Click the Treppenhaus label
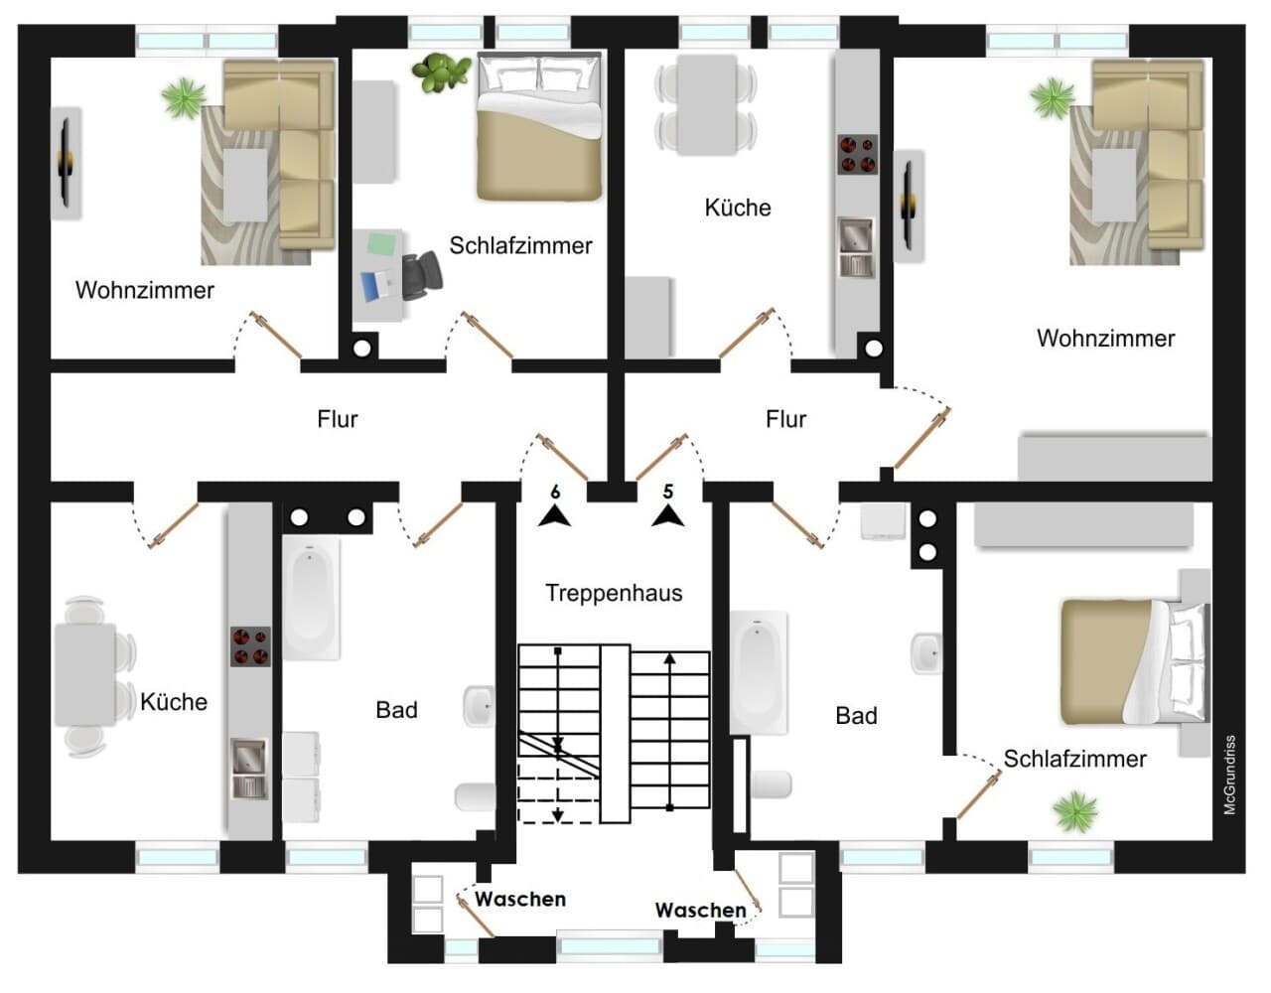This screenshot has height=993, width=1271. click(x=614, y=593)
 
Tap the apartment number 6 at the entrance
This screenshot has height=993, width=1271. click(x=555, y=492)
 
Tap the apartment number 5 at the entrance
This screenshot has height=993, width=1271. click(x=668, y=492)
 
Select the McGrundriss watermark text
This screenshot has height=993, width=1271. click(x=1229, y=775)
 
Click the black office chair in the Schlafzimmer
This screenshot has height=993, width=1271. click(x=422, y=275)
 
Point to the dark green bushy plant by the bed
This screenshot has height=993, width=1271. click(x=441, y=71)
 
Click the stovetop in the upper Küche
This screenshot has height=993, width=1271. click(x=858, y=154)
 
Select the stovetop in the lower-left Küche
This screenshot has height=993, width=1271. click(x=250, y=646)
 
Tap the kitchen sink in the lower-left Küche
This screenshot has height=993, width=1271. click(x=250, y=769)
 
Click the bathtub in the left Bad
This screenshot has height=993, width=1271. click(x=311, y=598)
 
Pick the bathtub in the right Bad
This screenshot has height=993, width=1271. click(x=759, y=672)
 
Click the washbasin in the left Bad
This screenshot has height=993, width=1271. click(x=479, y=706)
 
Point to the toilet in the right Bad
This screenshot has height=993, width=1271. click(x=772, y=784)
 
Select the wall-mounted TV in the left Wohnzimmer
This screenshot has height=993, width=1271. click(x=67, y=162)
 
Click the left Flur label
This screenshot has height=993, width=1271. click(x=338, y=419)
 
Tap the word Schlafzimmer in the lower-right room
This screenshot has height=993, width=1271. click(x=1075, y=759)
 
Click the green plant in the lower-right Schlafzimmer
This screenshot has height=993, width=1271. click(x=1075, y=811)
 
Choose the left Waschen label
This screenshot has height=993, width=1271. click(x=520, y=899)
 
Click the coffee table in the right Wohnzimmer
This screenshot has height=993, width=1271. click(x=1114, y=186)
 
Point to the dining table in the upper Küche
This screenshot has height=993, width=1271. click(x=707, y=104)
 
